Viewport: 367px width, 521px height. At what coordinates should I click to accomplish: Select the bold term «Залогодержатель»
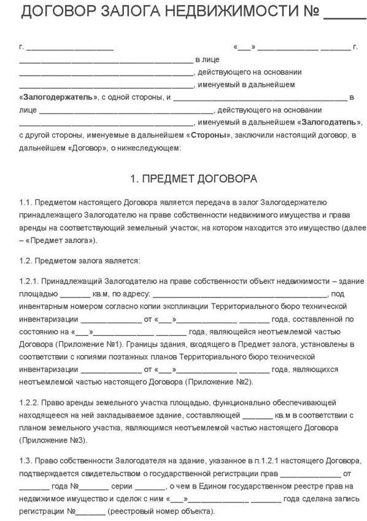point(58,98)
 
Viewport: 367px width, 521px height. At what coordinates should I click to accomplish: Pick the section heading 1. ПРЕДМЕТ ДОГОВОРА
point(193,179)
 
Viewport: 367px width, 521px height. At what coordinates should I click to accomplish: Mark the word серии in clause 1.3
point(117,486)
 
